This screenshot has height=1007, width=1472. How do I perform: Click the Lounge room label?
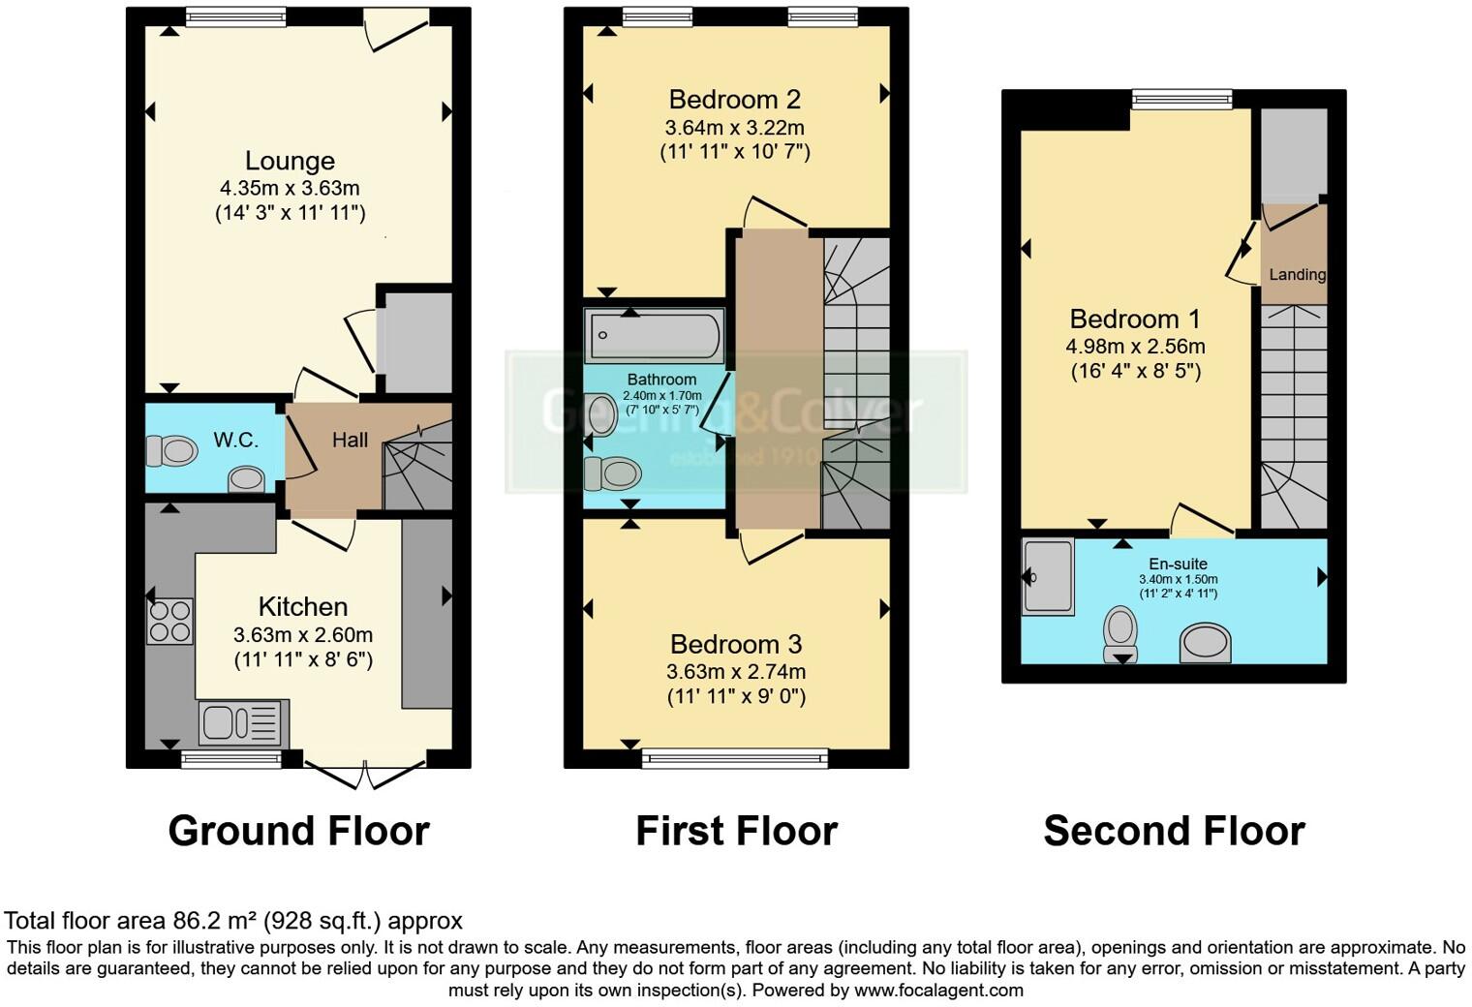pyautogui.click(x=290, y=161)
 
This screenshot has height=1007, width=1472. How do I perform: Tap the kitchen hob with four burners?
pyautogui.click(x=169, y=621)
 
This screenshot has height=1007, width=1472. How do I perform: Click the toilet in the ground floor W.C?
pyautogui.click(x=171, y=450)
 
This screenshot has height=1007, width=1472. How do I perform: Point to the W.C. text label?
pyautogui.click(x=235, y=441)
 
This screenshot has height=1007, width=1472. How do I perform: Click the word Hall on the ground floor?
pyautogui.click(x=350, y=440)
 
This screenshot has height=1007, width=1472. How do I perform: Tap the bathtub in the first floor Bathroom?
pyautogui.click(x=654, y=335)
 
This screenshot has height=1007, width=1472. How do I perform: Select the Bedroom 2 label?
pyautogui.click(x=735, y=99)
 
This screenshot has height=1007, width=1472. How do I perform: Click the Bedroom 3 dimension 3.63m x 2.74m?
pyautogui.click(x=736, y=671)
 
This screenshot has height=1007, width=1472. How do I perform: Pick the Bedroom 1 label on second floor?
pyautogui.click(x=1135, y=319)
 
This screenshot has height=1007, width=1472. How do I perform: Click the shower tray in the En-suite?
pyautogui.click(x=1048, y=576)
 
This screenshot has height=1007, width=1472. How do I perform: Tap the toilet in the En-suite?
pyautogui.click(x=1121, y=633)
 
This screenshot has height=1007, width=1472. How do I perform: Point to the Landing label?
pyautogui.click(x=1297, y=274)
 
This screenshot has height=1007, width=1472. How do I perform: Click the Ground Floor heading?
pyautogui.click(x=298, y=831)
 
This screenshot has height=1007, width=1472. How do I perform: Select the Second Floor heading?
pyautogui.click(x=1174, y=831)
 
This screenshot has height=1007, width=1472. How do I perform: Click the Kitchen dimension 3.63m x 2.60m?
pyautogui.click(x=303, y=635)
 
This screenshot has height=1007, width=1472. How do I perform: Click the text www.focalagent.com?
pyautogui.click(x=938, y=990)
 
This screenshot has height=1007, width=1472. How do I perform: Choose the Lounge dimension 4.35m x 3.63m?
pyautogui.click(x=290, y=188)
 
